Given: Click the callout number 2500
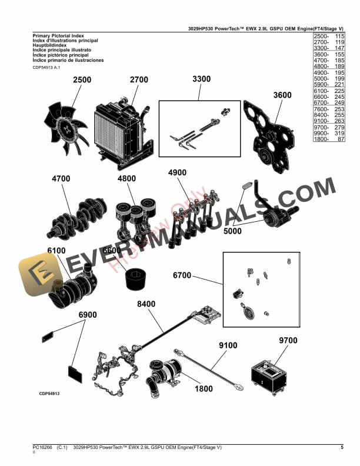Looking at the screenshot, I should click(x=82, y=80).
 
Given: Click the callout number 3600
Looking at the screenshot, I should click(x=282, y=95).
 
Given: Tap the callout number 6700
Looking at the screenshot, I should click(x=182, y=275).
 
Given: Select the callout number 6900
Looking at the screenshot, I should click(x=88, y=315).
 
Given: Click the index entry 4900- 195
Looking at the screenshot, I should click(x=327, y=72).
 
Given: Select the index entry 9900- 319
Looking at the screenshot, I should click(x=327, y=133).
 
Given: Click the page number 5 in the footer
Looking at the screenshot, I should click(x=342, y=448).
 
